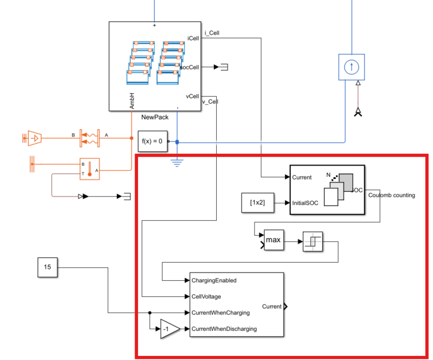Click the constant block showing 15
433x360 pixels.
tap(48, 267)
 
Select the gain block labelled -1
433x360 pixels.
tap(170, 329)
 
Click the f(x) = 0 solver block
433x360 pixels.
tap(153, 141)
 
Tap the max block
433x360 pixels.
tap(274, 240)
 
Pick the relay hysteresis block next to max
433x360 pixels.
tap(312, 242)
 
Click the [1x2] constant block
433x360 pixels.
tap(258, 203)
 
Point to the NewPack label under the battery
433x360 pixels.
tap(155, 117)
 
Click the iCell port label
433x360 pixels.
tap(193, 38)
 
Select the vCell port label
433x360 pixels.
tap(192, 96)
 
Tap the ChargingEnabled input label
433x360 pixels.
tap(214, 280)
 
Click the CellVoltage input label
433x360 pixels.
tap(206, 296)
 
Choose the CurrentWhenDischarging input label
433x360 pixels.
tap(224, 329)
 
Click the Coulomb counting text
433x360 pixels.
tap(392, 195)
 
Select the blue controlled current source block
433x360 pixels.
tap(352, 67)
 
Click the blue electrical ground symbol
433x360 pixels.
tap(177, 163)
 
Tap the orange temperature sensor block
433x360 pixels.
tap(89, 169)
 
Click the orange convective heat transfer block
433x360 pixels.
tap(89, 138)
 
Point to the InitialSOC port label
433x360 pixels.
tap(305, 203)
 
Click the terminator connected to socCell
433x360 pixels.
tap(224, 67)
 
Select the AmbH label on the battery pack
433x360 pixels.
tap(132, 101)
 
